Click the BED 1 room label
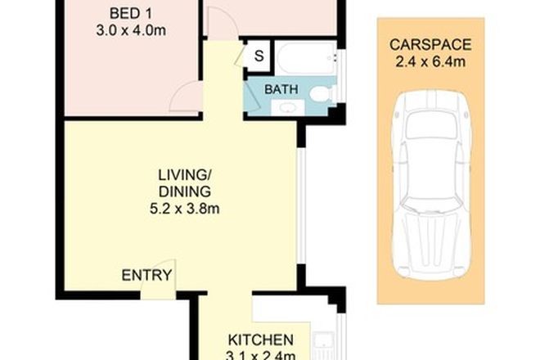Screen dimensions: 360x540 click(x=132, y=14)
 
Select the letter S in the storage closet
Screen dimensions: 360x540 click(x=259, y=55)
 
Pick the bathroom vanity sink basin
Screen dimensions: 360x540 click(x=288, y=107)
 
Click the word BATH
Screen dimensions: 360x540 click(x=281, y=89)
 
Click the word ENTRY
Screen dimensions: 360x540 click(x=146, y=276)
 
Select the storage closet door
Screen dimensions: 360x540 click(x=242, y=55)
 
